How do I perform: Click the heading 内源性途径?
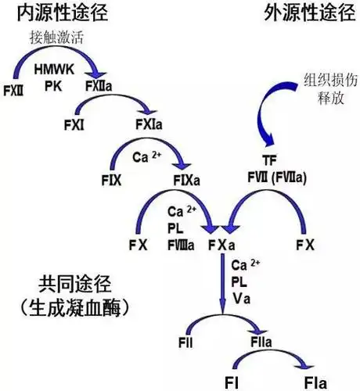pyautogui.click(x=53, y=13)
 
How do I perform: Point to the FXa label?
pyautogui.click(x=221, y=245)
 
